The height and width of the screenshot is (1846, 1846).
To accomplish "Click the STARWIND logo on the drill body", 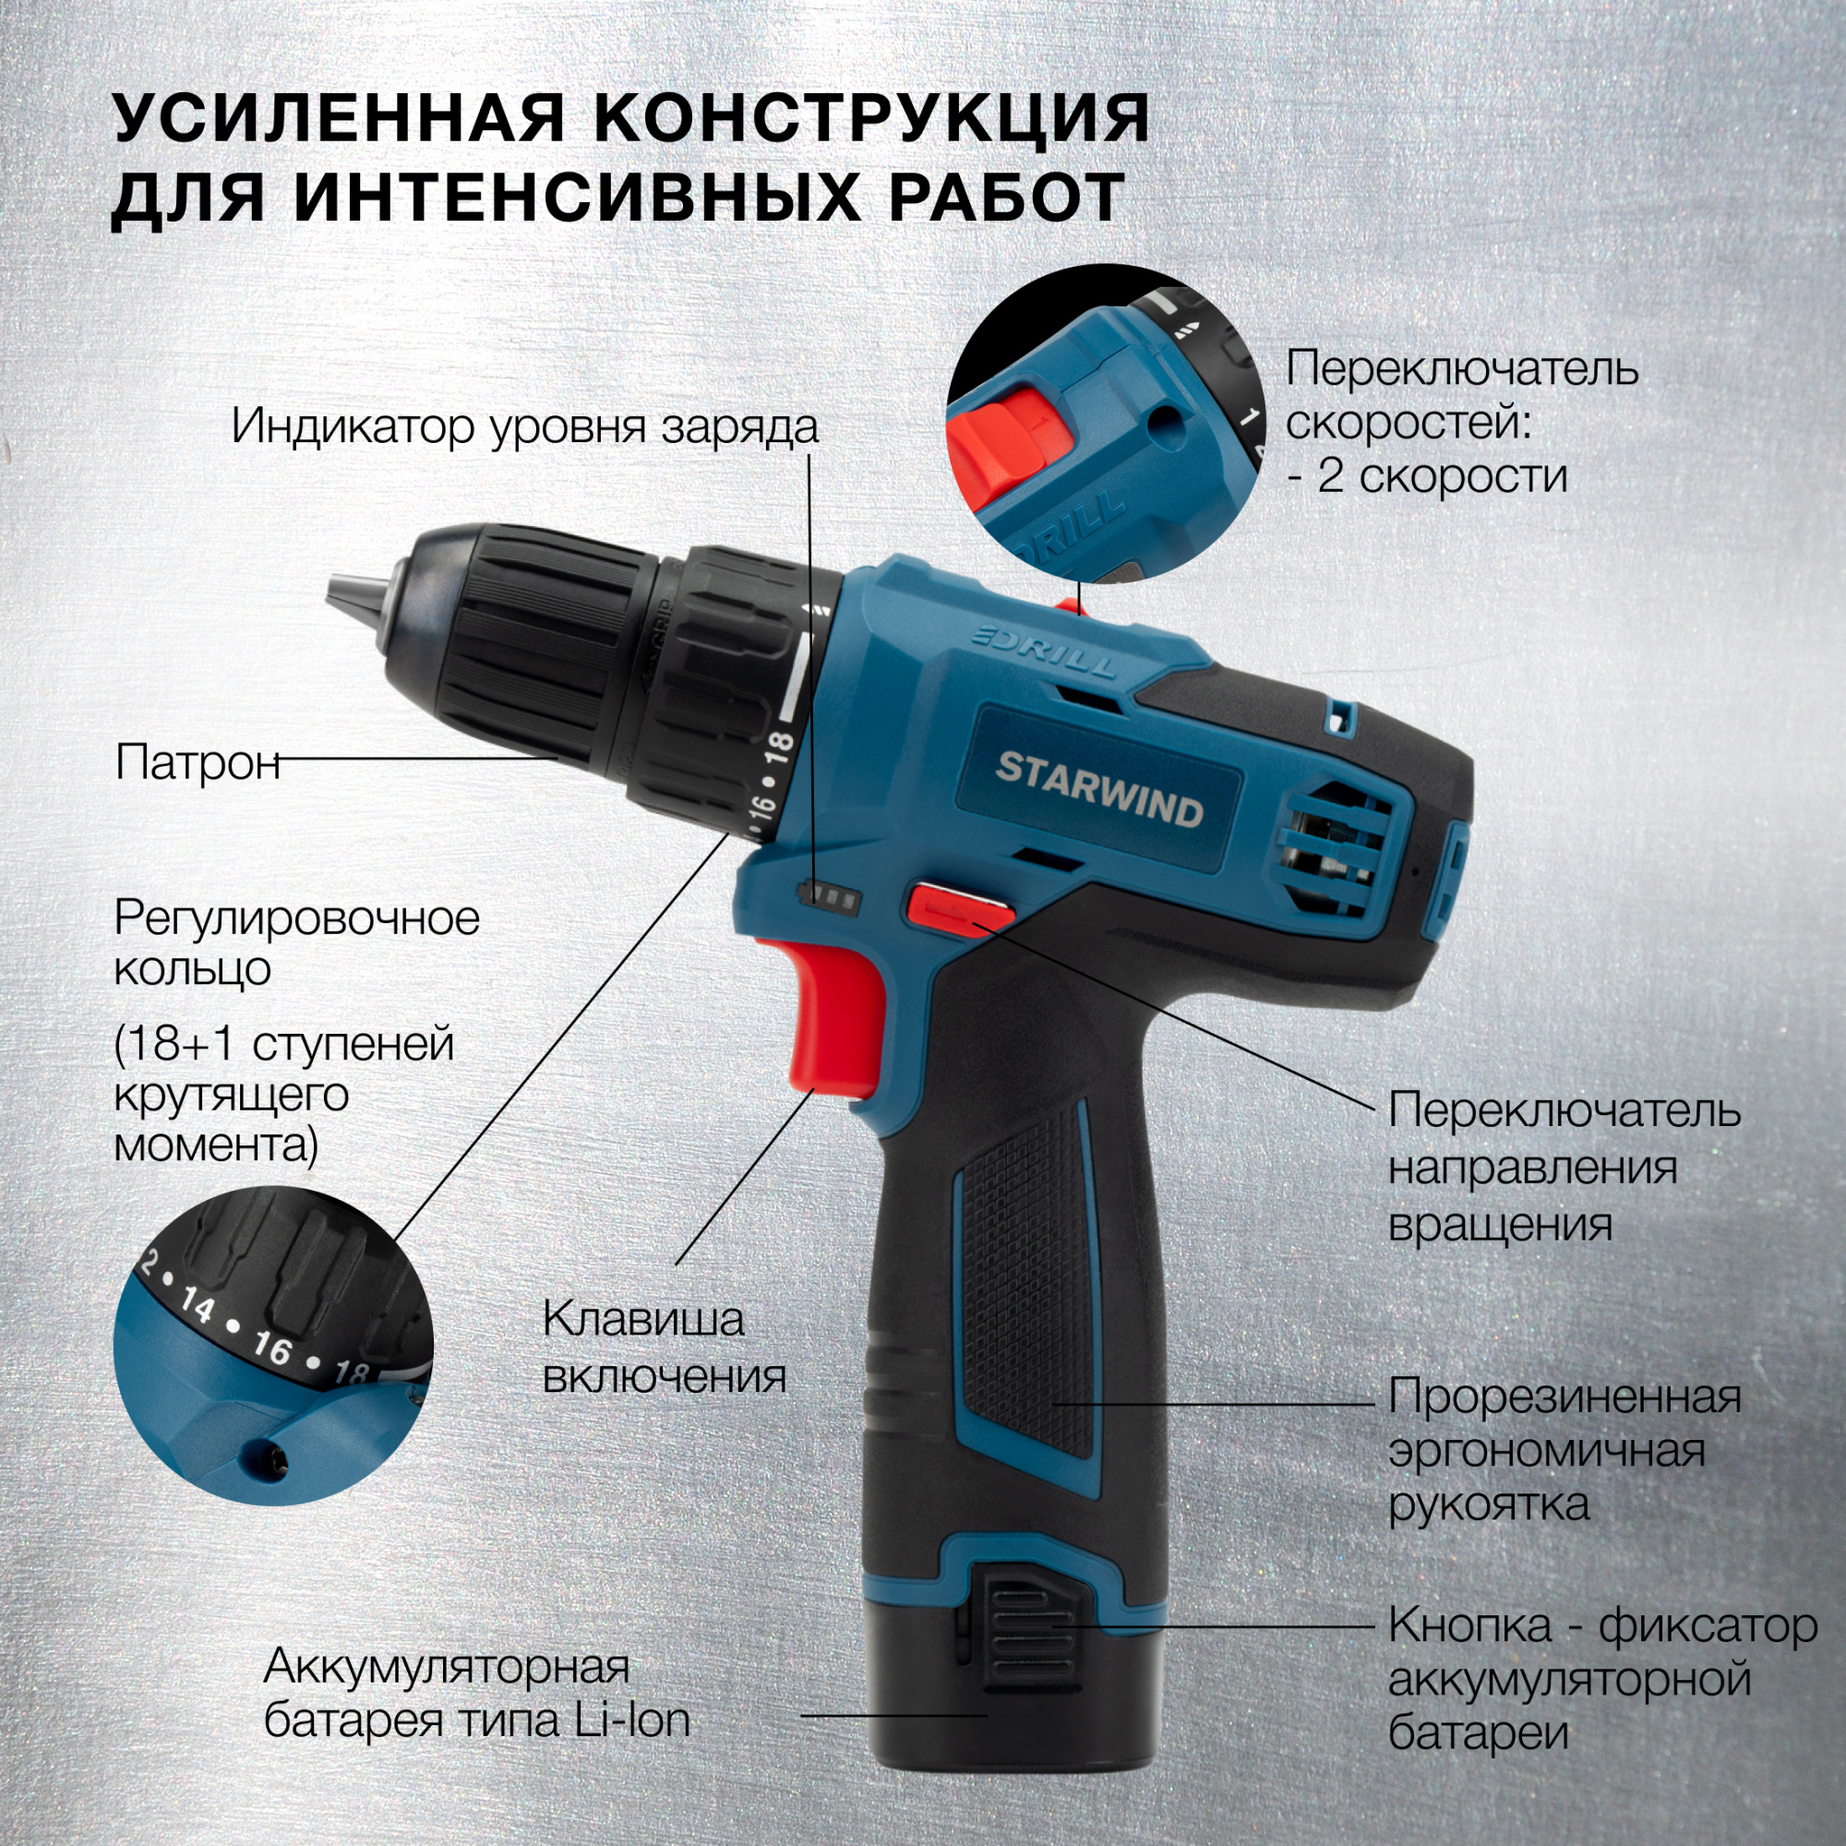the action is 1098,789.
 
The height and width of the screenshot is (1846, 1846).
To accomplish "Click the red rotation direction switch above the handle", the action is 959,905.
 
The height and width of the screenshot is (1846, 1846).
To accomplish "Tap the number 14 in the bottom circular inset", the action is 197,1307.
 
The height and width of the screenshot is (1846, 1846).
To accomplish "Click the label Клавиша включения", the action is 665,1349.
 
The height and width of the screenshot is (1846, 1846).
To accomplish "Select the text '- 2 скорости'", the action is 1428,476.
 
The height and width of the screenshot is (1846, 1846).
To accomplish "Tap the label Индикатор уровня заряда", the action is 524,426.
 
